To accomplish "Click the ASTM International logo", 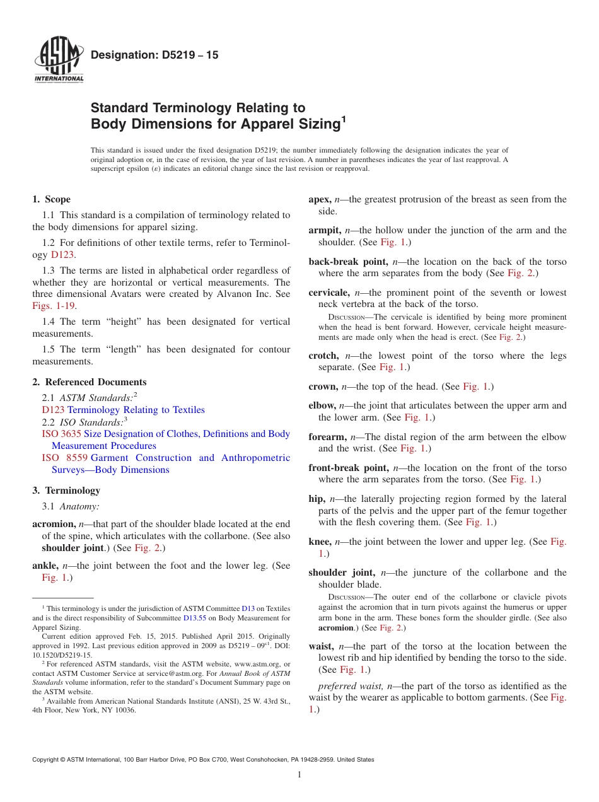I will pyautogui.click(x=59, y=61).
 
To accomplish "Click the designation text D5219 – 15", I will pyautogui.click(x=154, y=55).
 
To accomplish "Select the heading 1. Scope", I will pyautogui.click(x=51, y=199).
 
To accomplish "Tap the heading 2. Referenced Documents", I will pyautogui.click(x=89, y=382).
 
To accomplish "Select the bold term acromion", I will pyautogui.click(x=54, y=524).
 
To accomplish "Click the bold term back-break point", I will pyautogui.click(x=348, y=262).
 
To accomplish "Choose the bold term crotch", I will pyautogui.click(x=323, y=356).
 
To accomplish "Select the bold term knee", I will pyautogui.click(x=320, y=542).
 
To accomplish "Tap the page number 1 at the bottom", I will pyautogui.click(x=299, y=775).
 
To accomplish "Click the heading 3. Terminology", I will pyautogui.click(x=66, y=491).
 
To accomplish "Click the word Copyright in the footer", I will pyautogui.click(x=47, y=760).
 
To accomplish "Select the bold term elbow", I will pyautogui.click(x=322, y=405).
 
